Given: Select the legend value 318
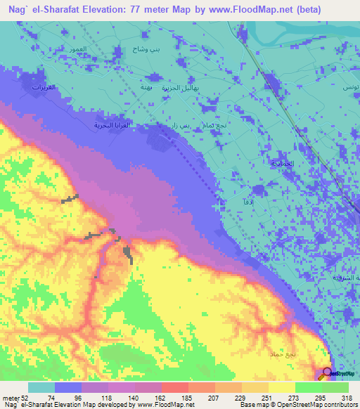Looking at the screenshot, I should (x=345, y=397).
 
